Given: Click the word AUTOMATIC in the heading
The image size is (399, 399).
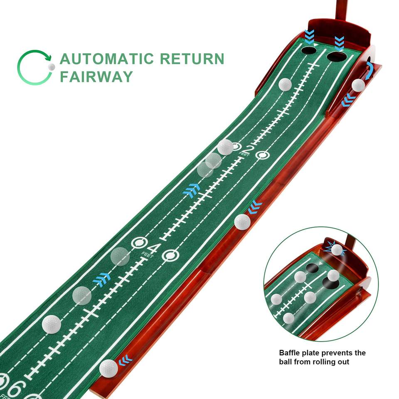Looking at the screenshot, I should point(106,59).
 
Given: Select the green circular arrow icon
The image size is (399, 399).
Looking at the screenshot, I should point(34,67).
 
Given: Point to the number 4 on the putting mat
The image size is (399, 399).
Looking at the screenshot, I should point(153,249).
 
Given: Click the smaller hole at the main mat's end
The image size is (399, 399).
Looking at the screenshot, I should point(308,50).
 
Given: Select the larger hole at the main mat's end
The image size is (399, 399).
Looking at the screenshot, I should point(336,55).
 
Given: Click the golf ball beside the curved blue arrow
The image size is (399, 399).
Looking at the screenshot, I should point(358,85).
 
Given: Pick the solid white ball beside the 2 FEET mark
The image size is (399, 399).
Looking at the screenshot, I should point(225,147).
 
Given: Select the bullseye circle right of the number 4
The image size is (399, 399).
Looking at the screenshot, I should point(170,256).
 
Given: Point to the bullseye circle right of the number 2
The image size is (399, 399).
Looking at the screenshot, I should point(262,155).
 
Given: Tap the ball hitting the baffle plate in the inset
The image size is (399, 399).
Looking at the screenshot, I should point(337,250).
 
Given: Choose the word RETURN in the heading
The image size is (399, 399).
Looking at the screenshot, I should point(192,59).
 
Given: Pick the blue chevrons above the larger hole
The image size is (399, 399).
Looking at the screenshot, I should point(340,42).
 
